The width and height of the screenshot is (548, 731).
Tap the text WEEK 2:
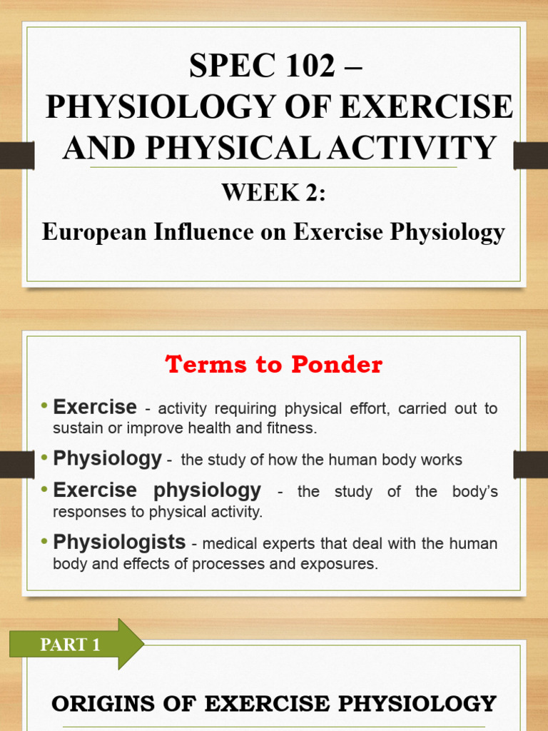click(x=273, y=193)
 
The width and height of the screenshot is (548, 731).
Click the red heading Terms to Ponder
click(x=274, y=365)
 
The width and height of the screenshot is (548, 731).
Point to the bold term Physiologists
click(x=119, y=542)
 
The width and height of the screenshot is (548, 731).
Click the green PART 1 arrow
click(x=76, y=645)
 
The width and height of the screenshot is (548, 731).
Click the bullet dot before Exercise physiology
click(x=45, y=490)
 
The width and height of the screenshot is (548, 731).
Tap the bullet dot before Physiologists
click(x=45, y=542)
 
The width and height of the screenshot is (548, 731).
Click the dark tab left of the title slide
click(x=16, y=155)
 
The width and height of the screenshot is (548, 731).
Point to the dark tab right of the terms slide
click(x=531, y=465)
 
